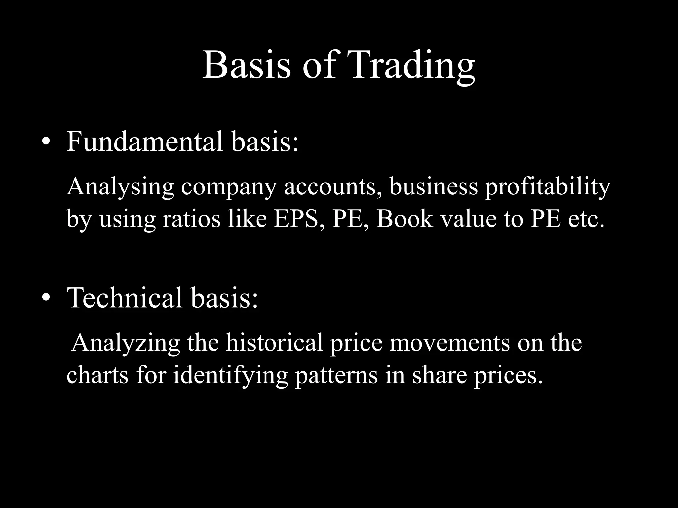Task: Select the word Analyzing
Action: point(126,343)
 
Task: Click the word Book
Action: point(405,219)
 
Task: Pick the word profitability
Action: point(547,187)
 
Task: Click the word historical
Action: point(274,343)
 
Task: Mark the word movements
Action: point(450,343)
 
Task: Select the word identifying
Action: point(230,376)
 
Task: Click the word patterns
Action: point(336,376)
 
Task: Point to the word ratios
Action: point(191,219)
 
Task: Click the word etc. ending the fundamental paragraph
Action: point(586,219)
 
